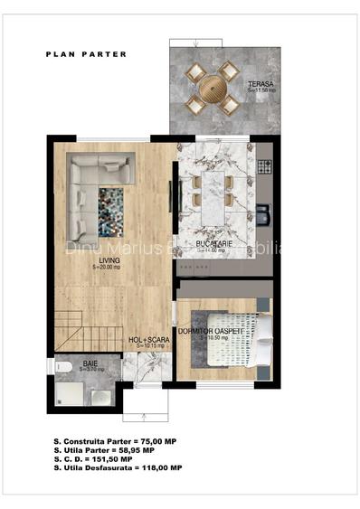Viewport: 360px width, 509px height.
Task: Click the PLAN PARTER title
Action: tap(86, 54)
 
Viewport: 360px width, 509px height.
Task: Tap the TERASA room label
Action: tap(261, 84)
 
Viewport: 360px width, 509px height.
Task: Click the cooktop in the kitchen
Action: tap(264, 165)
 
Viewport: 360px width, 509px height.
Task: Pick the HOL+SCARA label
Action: tap(146, 340)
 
